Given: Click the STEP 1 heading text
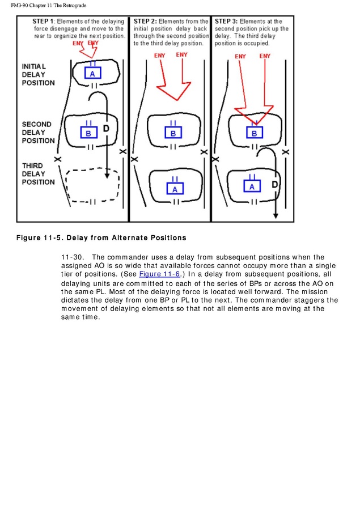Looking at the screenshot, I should point(37,22).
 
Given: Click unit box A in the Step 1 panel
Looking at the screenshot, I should point(92,73).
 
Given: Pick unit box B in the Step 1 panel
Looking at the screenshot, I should point(88,133).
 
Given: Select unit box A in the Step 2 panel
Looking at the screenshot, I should point(175,188).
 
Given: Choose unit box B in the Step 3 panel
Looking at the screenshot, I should point(255,133).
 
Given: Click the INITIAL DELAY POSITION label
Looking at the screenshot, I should point(38,75).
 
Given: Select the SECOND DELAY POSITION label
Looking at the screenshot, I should point(38,132).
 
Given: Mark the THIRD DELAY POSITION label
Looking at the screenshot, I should point(38,174).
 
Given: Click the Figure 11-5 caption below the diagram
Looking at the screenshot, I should point(101,237).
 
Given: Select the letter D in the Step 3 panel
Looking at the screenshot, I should point(275,185).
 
